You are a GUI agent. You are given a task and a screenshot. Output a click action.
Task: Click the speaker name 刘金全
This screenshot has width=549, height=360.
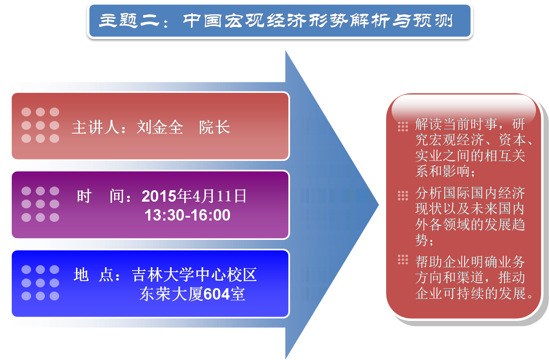(160, 127)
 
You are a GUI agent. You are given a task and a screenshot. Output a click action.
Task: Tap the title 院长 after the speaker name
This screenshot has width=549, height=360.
(214, 127)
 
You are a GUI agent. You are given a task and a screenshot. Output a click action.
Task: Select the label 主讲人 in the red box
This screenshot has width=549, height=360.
(96, 127)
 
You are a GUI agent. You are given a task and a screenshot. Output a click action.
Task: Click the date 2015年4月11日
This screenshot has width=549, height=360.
(194, 196)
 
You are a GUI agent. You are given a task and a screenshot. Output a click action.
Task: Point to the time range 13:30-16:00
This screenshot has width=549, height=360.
(188, 215)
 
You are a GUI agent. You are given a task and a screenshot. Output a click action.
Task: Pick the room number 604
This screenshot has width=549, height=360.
(217, 294)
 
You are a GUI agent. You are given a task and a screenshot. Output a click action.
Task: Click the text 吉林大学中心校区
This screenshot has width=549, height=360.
(194, 275)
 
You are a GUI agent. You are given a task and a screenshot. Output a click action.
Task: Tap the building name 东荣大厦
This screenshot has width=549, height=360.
(171, 294)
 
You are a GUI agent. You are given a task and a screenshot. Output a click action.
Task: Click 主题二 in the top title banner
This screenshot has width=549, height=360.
(130, 20)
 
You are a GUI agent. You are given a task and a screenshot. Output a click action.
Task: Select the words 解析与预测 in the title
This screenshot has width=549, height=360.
(401, 20)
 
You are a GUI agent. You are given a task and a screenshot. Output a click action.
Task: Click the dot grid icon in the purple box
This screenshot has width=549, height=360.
(40, 204)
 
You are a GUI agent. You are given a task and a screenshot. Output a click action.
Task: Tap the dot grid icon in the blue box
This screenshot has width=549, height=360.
(40, 283)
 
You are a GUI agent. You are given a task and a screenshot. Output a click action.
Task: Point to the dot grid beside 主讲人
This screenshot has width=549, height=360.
(40, 125)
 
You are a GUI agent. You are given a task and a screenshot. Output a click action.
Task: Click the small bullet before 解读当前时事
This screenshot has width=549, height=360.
(403, 127)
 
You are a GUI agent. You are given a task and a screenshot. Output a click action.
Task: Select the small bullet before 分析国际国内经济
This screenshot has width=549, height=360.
(403, 196)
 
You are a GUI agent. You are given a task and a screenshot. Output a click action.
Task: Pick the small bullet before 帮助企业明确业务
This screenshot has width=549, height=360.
(403, 260)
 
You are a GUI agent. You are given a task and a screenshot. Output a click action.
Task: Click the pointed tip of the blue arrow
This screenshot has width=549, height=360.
(379, 205)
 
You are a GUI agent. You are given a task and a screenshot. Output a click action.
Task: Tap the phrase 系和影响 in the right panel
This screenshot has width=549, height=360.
(442, 171)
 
